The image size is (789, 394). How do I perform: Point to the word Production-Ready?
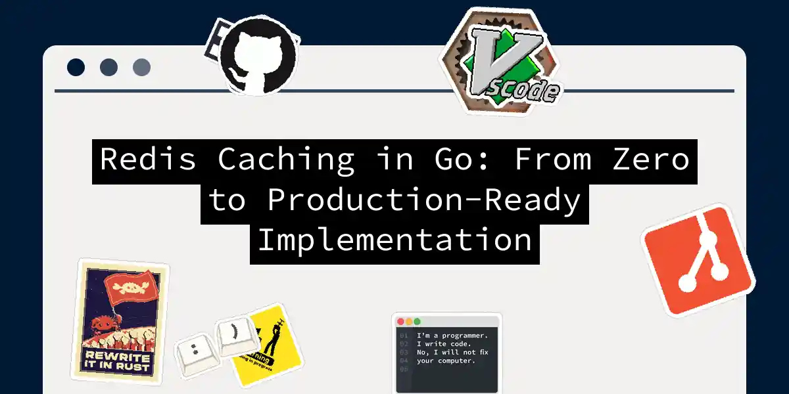(424, 200)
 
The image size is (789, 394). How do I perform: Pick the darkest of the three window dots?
(76, 67)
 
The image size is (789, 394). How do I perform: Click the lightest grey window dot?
(141, 67)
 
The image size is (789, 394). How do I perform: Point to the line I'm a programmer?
(452, 336)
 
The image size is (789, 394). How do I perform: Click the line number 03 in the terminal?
(403, 352)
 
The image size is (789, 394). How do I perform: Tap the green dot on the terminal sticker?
(416, 322)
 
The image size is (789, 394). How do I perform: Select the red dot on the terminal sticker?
(400, 322)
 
